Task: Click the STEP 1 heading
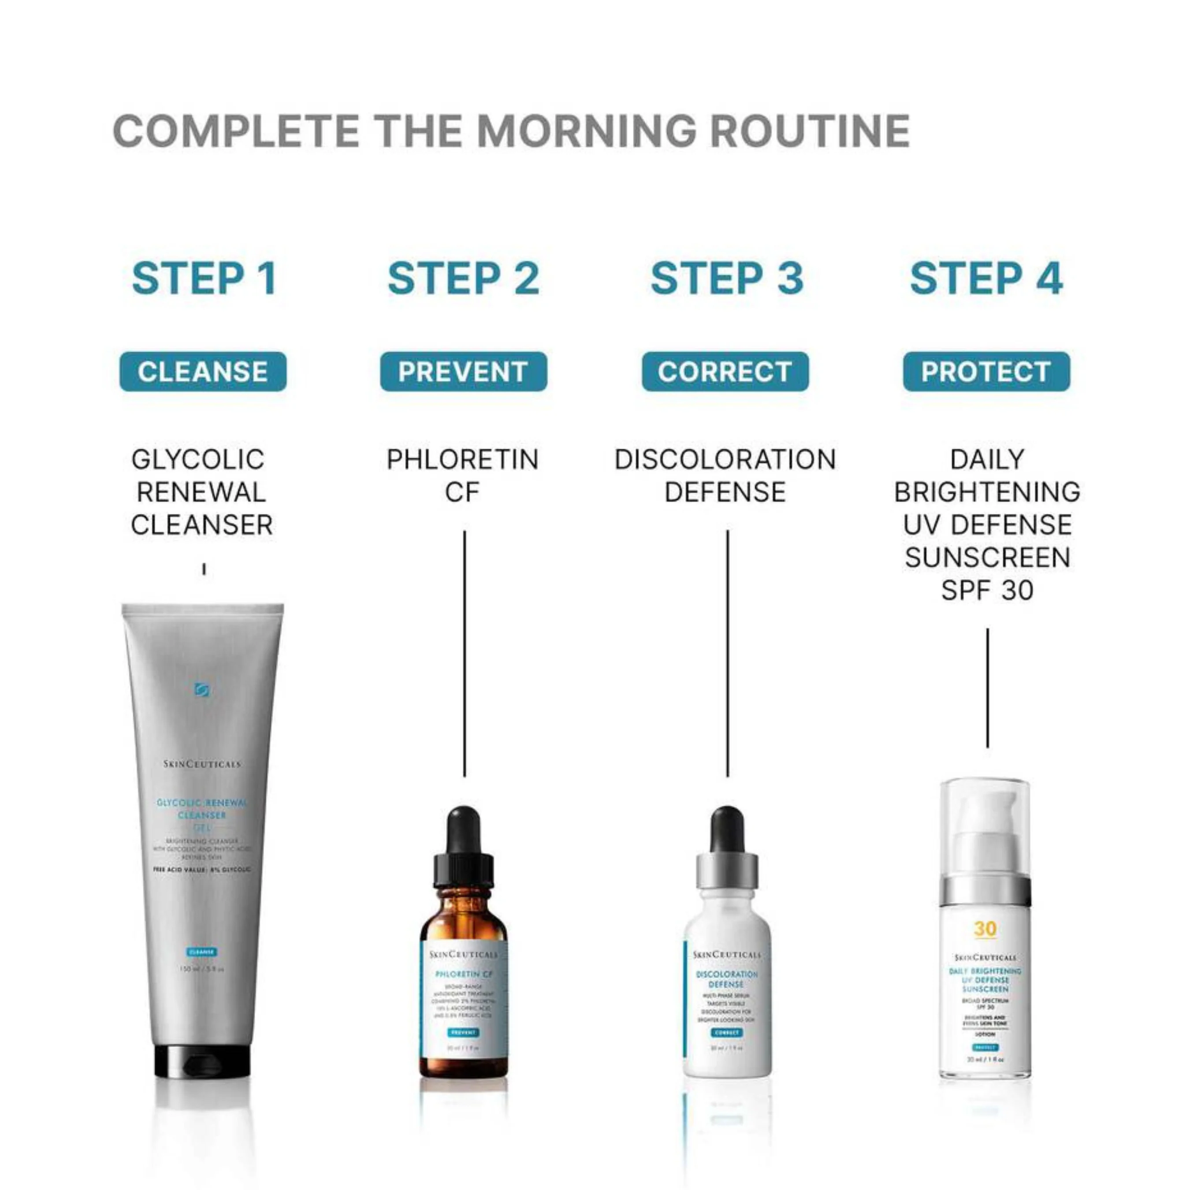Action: (x=204, y=279)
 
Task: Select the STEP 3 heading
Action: (x=727, y=279)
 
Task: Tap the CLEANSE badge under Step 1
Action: (x=203, y=372)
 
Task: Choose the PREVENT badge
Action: (x=463, y=372)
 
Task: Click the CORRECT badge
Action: (x=725, y=372)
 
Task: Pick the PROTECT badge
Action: (x=986, y=372)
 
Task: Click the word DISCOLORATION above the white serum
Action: (x=725, y=460)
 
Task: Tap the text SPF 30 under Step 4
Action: (x=987, y=590)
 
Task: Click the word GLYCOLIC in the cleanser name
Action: (x=198, y=460)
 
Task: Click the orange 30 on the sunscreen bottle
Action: (x=985, y=928)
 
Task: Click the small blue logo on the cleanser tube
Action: (x=201, y=689)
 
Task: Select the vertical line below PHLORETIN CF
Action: (x=465, y=653)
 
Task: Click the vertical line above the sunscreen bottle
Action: (x=987, y=688)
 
